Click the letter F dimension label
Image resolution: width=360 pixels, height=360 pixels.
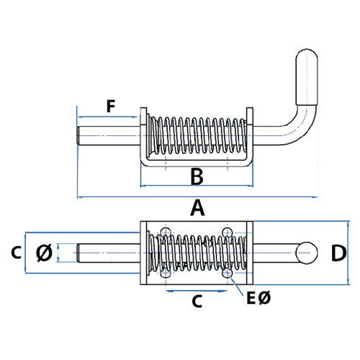tap(111, 107)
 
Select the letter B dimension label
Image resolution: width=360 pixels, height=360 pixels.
tap(197, 176)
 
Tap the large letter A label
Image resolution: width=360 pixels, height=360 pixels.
tap(197, 208)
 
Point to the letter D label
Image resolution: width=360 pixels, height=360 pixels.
tap(338, 253)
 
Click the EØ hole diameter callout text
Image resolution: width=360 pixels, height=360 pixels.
tap(258, 298)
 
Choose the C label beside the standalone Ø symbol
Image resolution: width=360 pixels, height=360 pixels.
tap(17, 253)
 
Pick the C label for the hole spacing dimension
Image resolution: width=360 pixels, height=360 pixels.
tap(197, 302)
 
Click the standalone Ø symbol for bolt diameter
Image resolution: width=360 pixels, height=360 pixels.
tap(45, 253)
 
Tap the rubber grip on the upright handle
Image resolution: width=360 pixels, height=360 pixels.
tap(307, 77)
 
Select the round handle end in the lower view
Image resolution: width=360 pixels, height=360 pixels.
tap(307, 253)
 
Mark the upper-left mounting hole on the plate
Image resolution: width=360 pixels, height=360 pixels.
tap(166, 233)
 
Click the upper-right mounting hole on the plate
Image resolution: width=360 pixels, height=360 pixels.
tap(228, 233)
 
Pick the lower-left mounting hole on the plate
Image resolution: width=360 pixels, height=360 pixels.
tap(166, 273)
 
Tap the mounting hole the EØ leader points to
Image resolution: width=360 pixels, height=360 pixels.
tap(228, 273)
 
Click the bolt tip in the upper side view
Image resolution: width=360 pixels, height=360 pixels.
tap(78, 135)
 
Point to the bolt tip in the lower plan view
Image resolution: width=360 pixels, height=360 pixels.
tap(78, 253)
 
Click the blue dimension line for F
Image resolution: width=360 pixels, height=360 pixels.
tap(107, 117)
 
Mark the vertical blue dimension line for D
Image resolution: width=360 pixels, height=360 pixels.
tap(348, 253)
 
